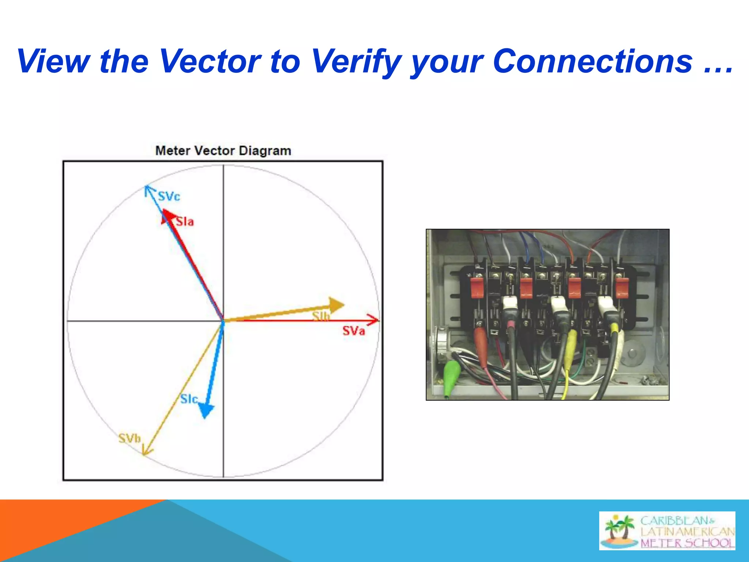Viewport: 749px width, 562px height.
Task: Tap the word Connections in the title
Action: point(592,61)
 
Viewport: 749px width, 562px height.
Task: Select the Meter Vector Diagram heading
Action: point(223,151)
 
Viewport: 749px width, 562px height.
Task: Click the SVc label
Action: point(169,196)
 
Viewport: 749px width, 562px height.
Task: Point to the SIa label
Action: point(185,221)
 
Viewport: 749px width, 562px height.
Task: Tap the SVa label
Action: point(353,331)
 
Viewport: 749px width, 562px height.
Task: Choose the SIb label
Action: point(321,316)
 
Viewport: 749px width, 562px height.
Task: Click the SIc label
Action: point(189,399)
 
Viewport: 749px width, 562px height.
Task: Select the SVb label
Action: point(129,438)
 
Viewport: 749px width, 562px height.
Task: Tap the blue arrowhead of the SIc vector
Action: point(206,411)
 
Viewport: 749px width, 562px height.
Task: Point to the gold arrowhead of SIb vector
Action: point(336,305)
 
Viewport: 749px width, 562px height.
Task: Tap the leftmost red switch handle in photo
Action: point(477,287)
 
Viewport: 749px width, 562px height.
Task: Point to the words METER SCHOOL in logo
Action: point(687,543)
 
